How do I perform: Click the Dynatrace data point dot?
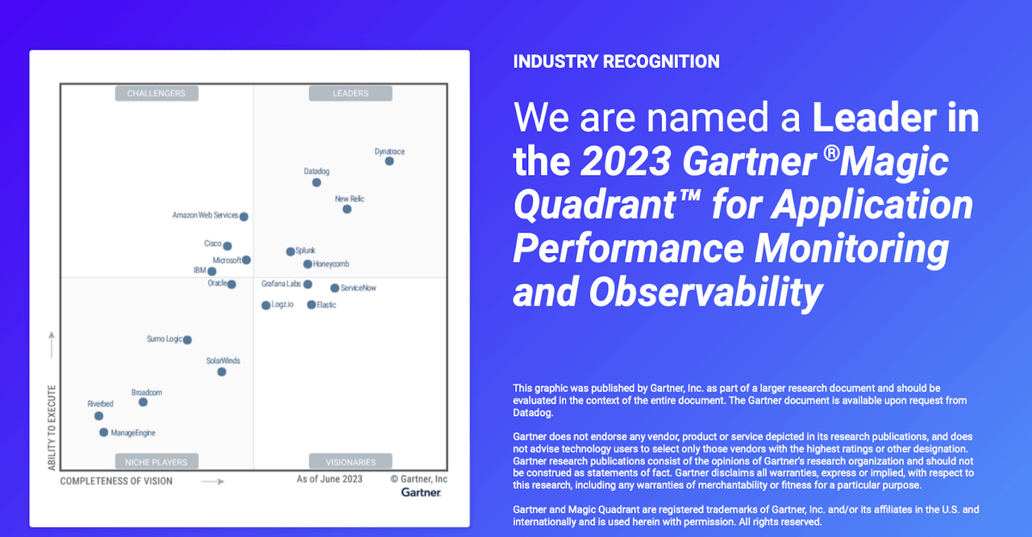click(389, 161)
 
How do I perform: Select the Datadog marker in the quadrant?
click(317, 182)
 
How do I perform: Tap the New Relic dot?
click(347, 209)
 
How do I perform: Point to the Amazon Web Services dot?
click(243, 216)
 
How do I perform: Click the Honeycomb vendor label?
click(331, 264)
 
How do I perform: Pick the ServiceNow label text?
click(358, 288)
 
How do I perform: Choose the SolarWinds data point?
click(222, 372)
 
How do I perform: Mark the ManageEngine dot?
click(104, 432)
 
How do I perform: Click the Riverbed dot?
click(98, 416)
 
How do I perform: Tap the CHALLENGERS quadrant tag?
click(156, 93)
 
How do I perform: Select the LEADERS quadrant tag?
click(351, 93)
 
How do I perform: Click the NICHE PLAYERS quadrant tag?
click(156, 461)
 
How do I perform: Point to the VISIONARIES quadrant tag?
click(351, 461)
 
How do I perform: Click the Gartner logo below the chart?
click(421, 493)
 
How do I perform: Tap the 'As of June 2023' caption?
click(330, 479)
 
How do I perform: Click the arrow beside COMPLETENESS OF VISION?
click(213, 481)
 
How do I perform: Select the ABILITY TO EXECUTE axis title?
click(52, 428)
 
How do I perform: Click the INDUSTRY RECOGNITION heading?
click(616, 62)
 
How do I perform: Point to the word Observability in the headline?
click(705, 292)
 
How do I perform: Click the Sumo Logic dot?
click(187, 340)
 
